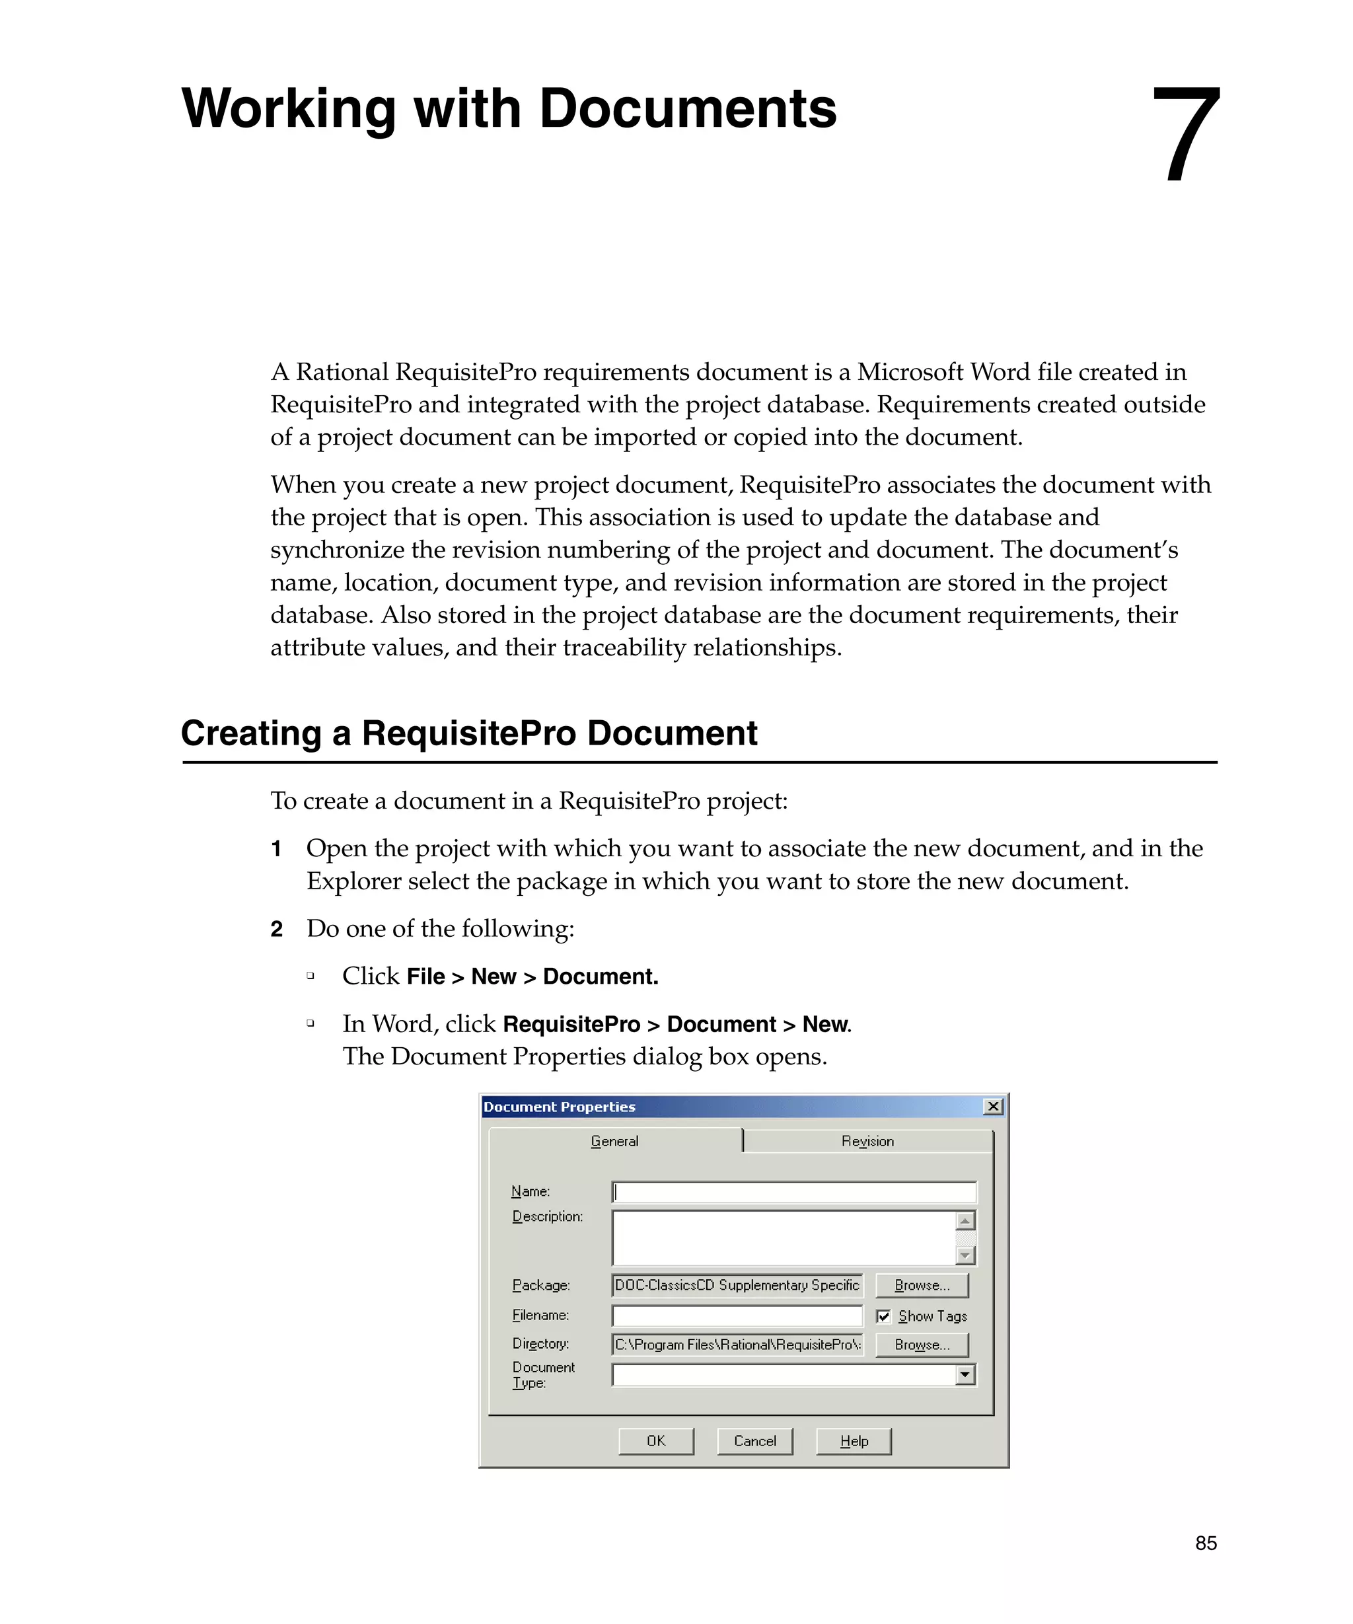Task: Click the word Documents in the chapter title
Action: pos(687,108)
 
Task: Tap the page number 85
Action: pos(1205,1543)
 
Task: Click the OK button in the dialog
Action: pos(655,1441)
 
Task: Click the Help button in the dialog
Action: pos(854,1441)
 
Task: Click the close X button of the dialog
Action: pos(994,1107)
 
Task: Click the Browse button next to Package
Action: pos(922,1285)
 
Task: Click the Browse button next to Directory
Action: pos(922,1345)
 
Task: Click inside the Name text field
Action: pos(793,1192)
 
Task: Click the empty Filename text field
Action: pos(736,1315)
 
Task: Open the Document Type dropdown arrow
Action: pos(965,1374)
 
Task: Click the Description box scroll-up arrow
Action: pos(965,1221)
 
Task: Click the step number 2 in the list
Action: pos(277,929)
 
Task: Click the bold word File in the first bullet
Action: pos(425,977)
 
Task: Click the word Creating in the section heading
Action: pos(250,733)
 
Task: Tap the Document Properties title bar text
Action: pos(559,1107)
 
